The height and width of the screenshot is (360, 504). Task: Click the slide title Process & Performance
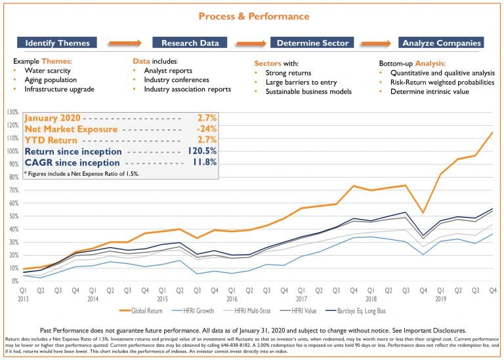point(252,16)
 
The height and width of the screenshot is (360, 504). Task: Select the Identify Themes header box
point(57,43)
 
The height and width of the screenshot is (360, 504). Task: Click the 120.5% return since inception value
point(201,151)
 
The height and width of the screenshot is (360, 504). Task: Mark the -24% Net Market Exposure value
point(206,129)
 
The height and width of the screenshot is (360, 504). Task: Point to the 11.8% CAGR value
point(203,162)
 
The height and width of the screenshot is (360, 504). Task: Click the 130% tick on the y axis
point(12,112)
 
